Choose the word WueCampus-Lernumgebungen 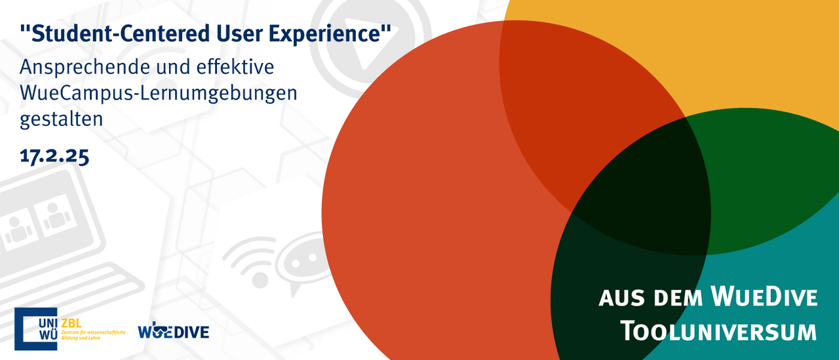(x=159, y=93)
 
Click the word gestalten (x=61, y=119)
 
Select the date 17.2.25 (x=54, y=155)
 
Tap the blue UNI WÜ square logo (x=36, y=329)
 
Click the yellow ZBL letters (x=71, y=323)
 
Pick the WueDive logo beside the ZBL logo (x=174, y=330)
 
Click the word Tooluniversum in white (x=718, y=330)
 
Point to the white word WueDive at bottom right (x=764, y=296)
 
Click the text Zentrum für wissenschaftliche (x=93, y=332)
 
